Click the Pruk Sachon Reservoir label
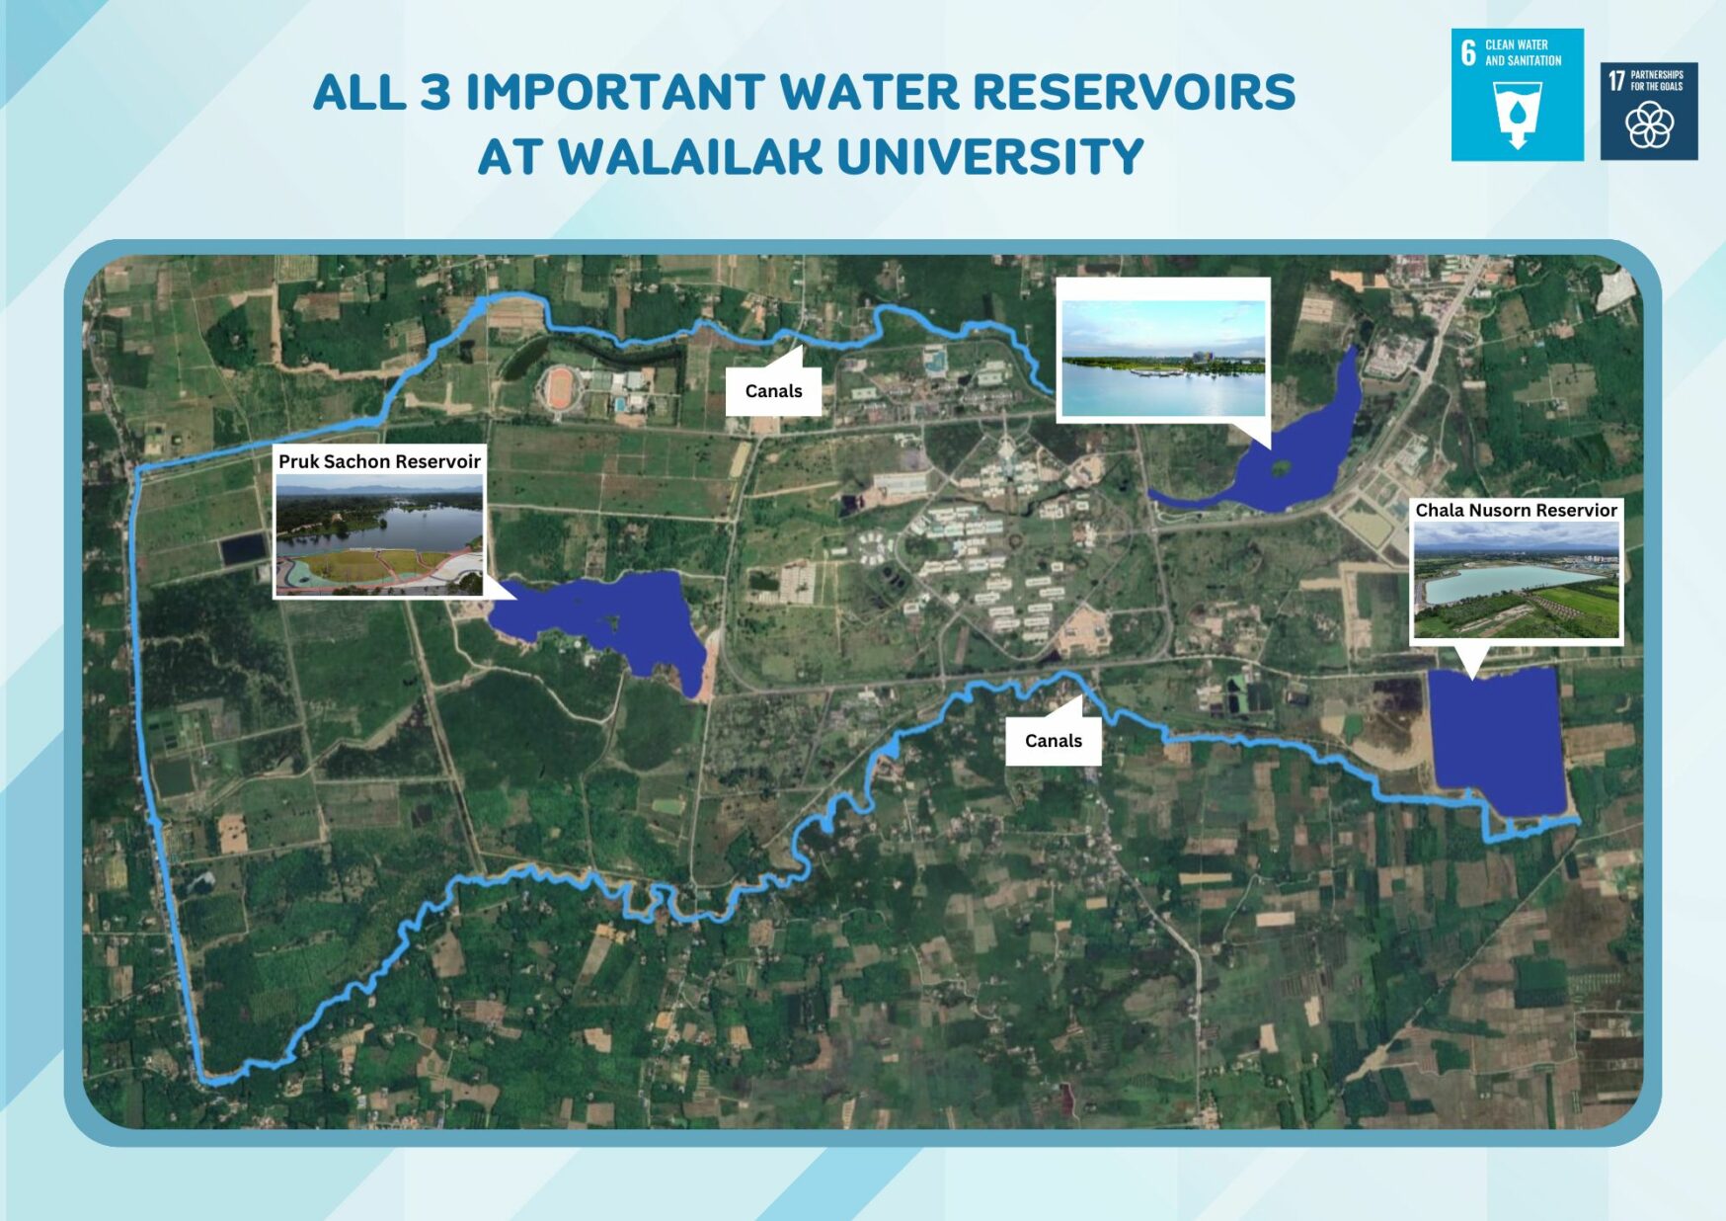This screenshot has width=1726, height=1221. [x=379, y=461]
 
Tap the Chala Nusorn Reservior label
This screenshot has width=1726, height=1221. [x=1516, y=510]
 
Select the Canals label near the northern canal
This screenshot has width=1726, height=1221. [x=773, y=391]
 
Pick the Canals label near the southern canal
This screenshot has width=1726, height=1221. [x=1053, y=741]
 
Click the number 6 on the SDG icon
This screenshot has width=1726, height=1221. [x=1468, y=52]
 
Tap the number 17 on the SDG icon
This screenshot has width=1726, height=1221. [x=1615, y=80]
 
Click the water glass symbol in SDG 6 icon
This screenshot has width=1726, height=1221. [x=1518, y=115]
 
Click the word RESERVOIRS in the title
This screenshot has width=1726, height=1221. [x=1134, y=92]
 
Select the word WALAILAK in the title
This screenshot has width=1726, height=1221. [x=689, y=157]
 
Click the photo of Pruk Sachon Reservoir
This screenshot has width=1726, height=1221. [x=379, y=534]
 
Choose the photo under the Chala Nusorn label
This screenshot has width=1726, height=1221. [x=1516, y=581]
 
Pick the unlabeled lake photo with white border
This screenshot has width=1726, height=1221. [x=1163, y=350]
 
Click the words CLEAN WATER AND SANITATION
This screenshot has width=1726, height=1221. [x=1523, y=52]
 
